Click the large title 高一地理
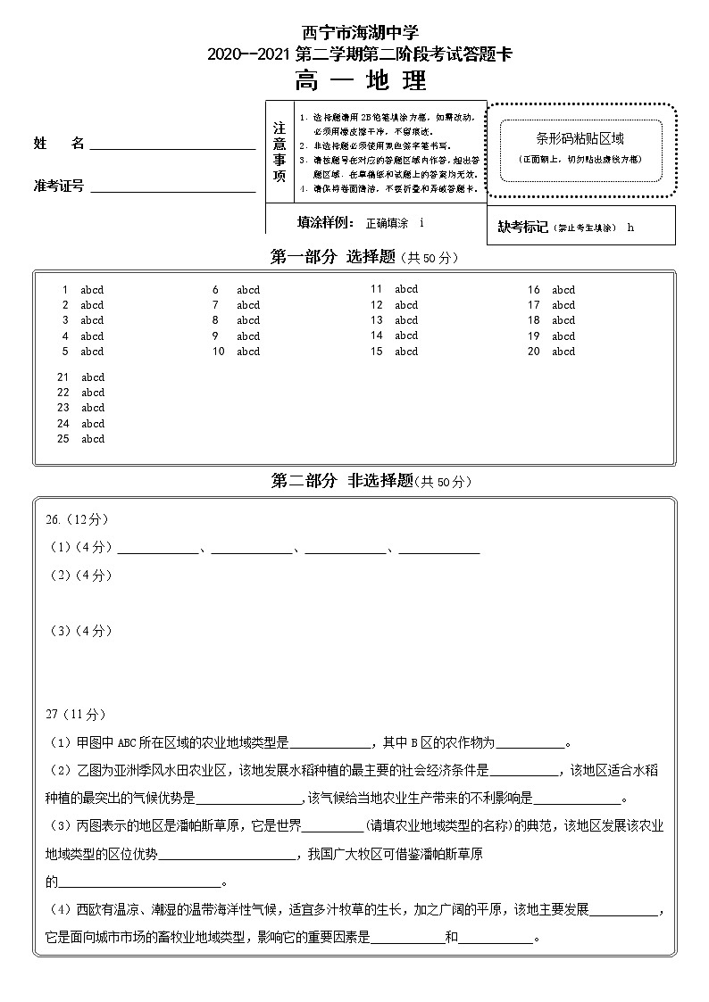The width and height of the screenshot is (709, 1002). click(361, 81)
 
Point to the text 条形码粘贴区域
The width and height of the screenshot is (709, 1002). click(580, 138)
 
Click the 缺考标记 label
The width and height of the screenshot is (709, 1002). click(523, 227)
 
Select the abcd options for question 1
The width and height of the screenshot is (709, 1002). click(92, 290)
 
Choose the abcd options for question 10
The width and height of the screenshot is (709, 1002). click(248, 352)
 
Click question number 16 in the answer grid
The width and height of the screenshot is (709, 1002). click(533, 290)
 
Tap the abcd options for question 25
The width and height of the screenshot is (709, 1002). click(93, 439)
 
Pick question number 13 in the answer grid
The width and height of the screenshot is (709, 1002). click(377, 320)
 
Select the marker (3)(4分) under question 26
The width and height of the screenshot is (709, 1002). click(80, 631)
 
